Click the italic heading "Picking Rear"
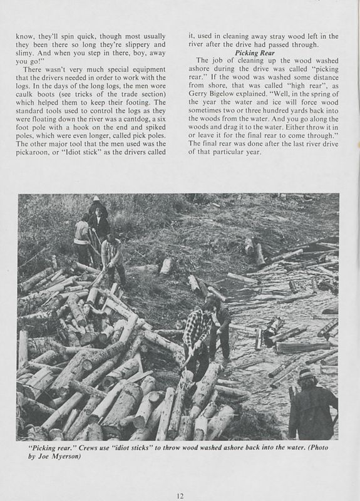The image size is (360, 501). click(256, 53)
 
